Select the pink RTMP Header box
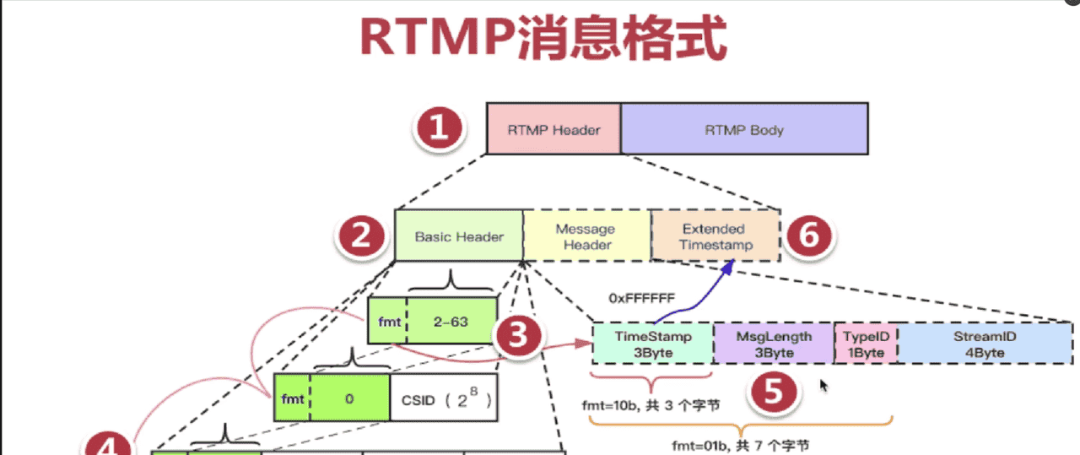coord(553,130)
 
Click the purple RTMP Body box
coord(744,130)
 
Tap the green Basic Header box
coord(458,236)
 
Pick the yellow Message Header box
coord(587,236)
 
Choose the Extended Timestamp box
coord(714,236)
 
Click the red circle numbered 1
coord(437,130)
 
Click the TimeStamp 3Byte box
coord(652,344)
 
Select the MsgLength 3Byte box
coord(774,344)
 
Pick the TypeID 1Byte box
coord(866,344)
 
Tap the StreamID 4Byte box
coord(985,344)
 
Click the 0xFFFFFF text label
coord(641,298)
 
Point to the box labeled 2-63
coord(452,321)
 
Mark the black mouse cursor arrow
coord(824,386)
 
